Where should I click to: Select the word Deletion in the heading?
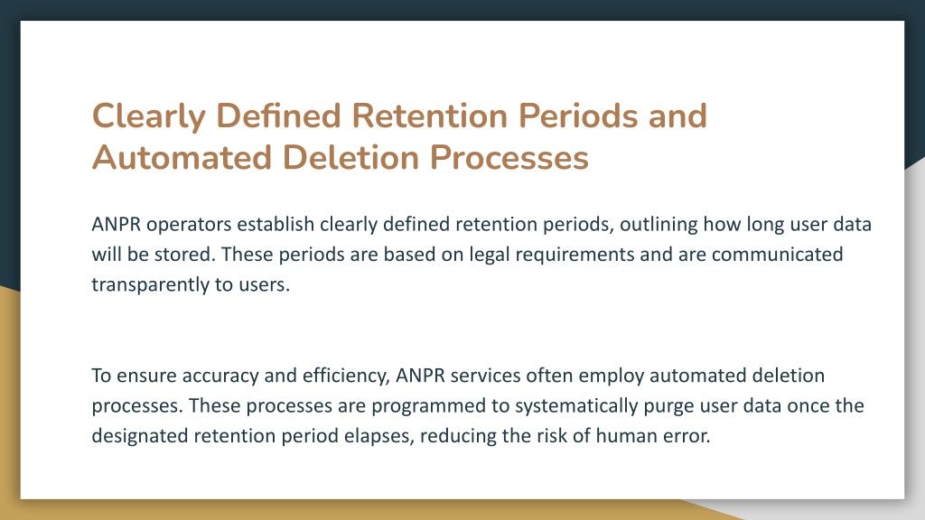pyautogui.click(x=351, y=157)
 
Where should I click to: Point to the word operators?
pyautogui.click(x=189, y=225)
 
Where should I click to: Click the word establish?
pyautogui.click(x=276, y=224)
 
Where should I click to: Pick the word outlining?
pyautogui.click(x=659, y=225)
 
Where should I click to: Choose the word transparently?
pyautogui.click(x=151, y=285)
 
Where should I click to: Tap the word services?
pyautogui.click(x=485, y=376)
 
